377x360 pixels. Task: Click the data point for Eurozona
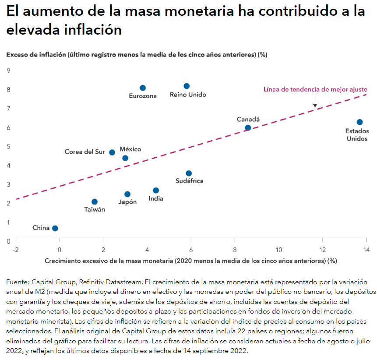143,88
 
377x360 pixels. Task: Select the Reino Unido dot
187,86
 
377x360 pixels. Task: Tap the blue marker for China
55,228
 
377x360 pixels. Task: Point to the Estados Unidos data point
359,122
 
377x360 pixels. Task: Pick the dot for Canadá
248,128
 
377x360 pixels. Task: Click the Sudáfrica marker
189,173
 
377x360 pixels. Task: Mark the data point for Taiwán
95,202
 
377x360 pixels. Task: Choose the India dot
156,191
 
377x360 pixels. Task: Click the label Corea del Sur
85,152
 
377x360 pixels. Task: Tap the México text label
130,149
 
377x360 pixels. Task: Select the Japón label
127,202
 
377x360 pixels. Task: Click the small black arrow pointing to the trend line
315,102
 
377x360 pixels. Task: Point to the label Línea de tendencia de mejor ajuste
315,89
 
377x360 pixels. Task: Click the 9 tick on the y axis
8,71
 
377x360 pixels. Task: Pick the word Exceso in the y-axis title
17,55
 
